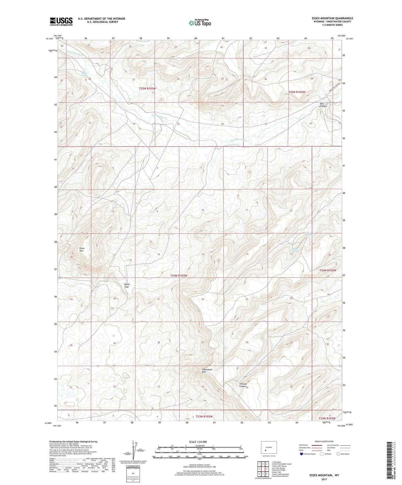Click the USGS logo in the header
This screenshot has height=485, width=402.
click(x=61, y=21)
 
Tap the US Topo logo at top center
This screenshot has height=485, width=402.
click(x=200, y=23)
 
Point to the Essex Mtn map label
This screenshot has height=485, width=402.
click(x=82, y=249)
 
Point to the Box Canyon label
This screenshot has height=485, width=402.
click(x=323, y=105)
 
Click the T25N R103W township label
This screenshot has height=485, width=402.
click(x=147, y=88)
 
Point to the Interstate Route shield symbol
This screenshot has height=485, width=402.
click(x=302, y=454)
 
